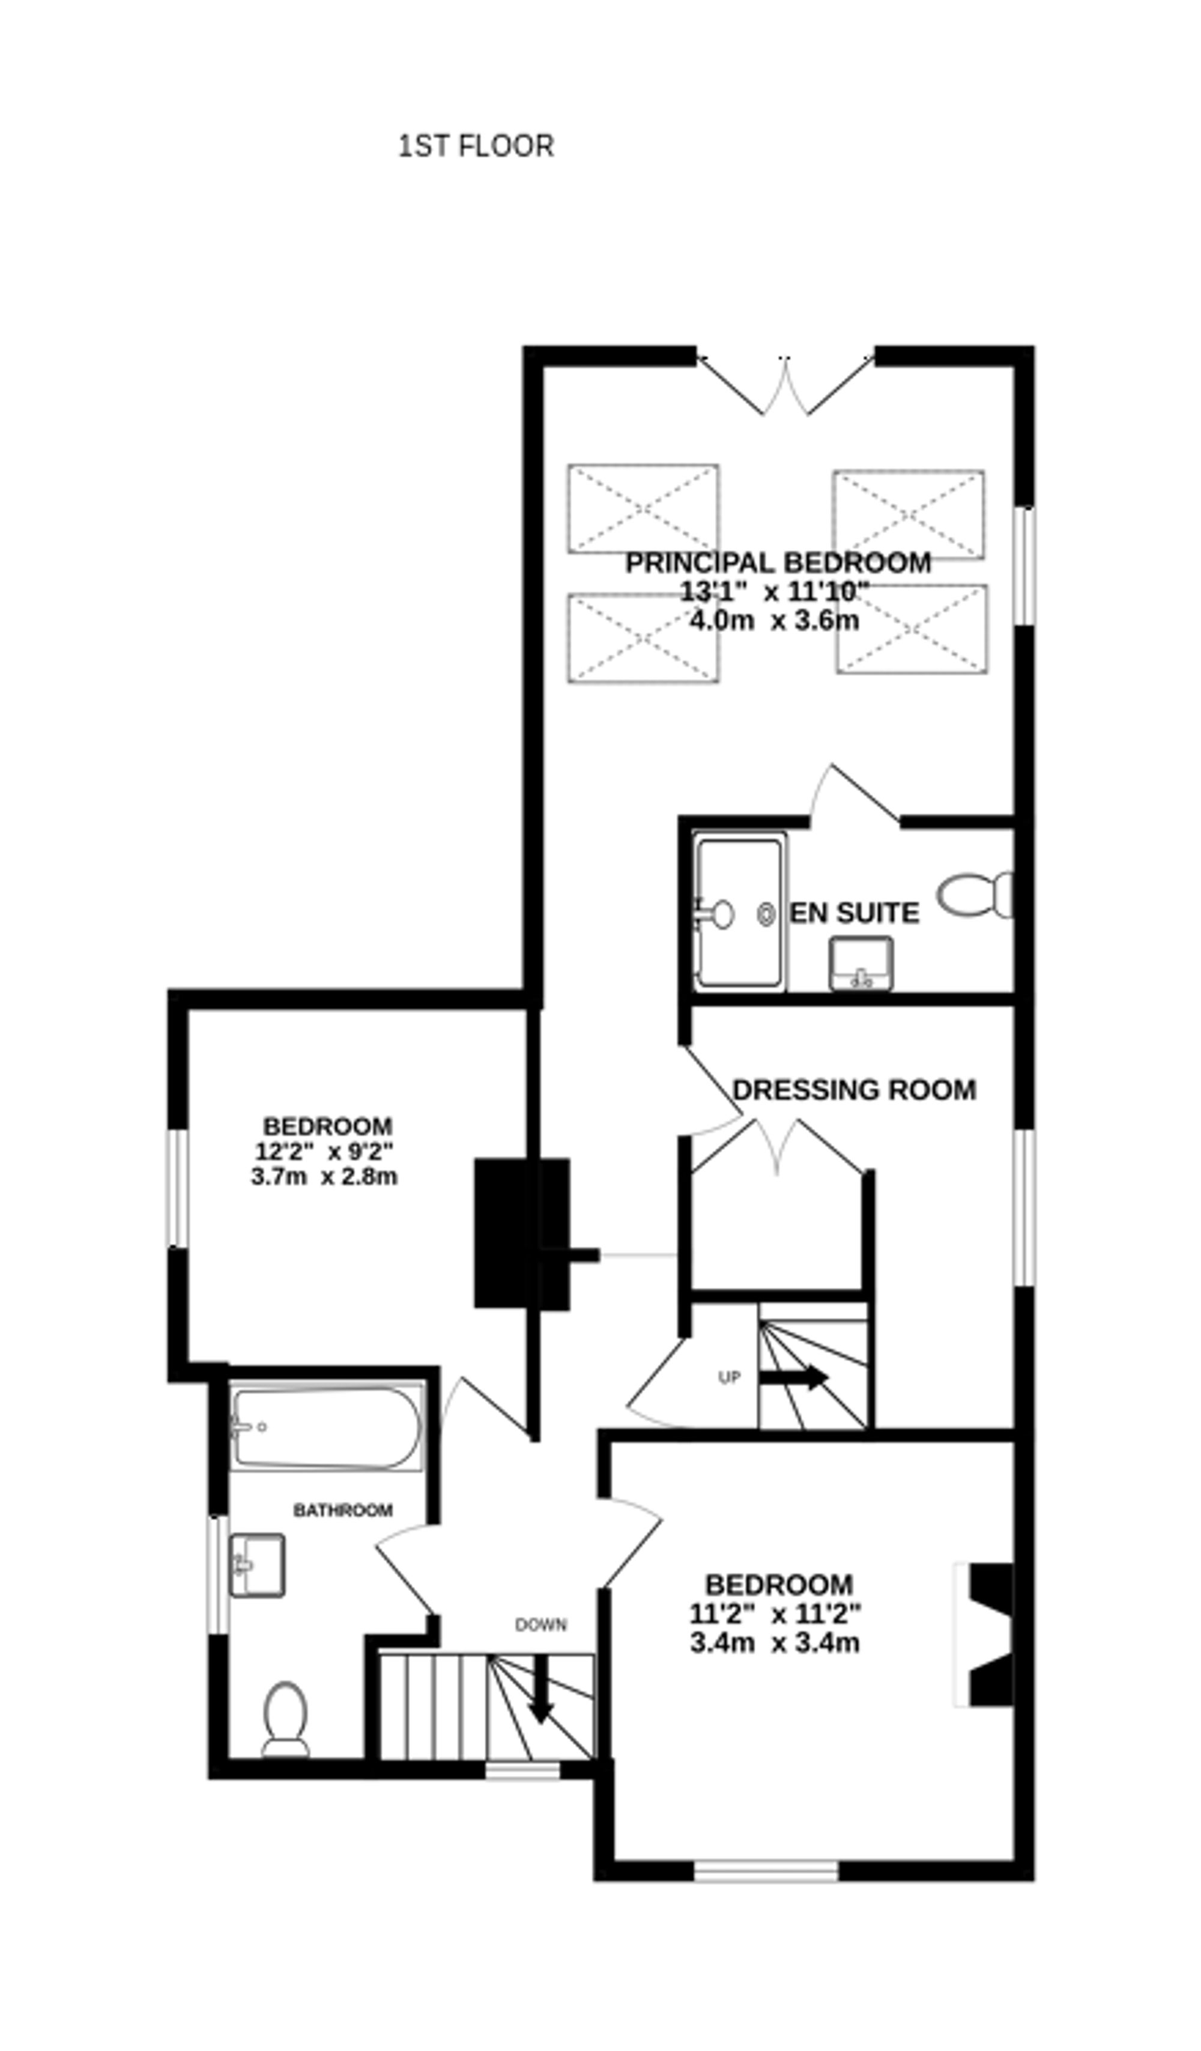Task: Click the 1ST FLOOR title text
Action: (476, 146)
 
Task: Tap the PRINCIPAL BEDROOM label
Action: (778, 563)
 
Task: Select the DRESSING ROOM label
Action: (854, 1090)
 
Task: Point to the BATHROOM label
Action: (343, 1511)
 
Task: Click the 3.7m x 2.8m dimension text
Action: (324, 1177)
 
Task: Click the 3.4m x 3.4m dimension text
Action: (774, 1643)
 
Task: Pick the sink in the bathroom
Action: (256, 1565)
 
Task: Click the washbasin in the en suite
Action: (861, 964)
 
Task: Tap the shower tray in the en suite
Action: (739, 911)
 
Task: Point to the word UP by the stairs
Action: (729, 1378)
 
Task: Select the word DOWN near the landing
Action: (540, 1625)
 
